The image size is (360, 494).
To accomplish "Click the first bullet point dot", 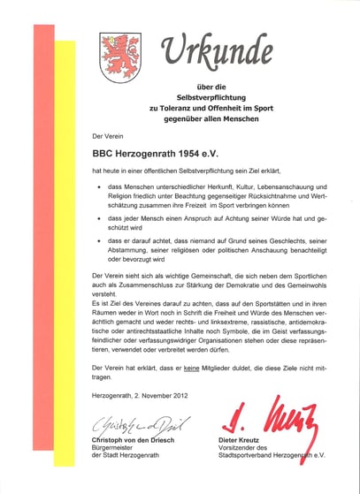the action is (98, 186).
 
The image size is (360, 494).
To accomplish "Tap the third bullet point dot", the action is (98, 239).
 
